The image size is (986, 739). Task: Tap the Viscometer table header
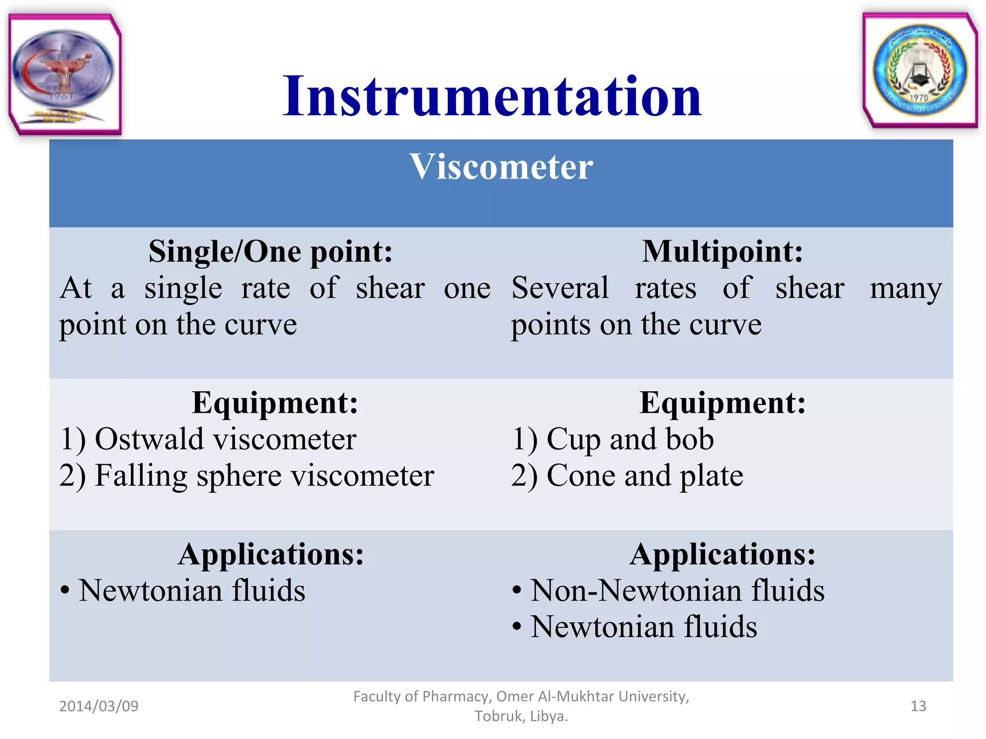(x=501, y=167)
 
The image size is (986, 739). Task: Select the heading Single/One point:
(x=270, y=252)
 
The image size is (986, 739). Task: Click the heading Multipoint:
(x=722, y=251)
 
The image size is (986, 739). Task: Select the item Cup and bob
(x=630, y=439)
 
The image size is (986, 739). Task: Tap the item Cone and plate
(x=645, y=476)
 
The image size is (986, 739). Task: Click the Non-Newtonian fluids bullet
(x=677, y=591)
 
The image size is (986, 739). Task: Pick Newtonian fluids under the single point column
(x=192, y=591)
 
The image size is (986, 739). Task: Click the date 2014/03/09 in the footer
(x=99, y=706)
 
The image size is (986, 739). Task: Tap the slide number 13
(x=918, y=706)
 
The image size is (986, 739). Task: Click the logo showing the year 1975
(x=920, y=70)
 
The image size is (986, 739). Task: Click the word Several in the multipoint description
(x=560, y=288)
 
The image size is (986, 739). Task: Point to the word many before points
(x=905, y=289)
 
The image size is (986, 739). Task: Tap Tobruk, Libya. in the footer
(x=521, y=716)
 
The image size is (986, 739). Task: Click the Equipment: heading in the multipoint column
(x=722, y=403)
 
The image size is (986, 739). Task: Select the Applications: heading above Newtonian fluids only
(x=271, y=554)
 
